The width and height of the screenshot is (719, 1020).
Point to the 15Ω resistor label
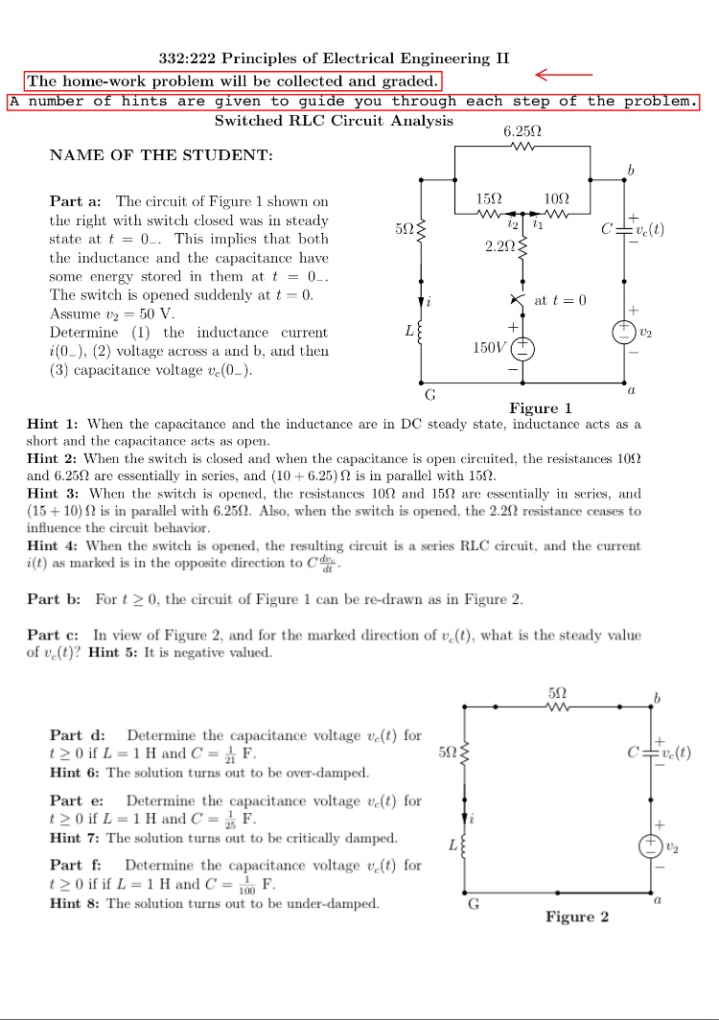pyautogui.click(x=489, y=198)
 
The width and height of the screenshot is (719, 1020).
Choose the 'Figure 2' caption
pyautogui.click(x=577, y=916)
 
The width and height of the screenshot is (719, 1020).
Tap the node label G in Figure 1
pyautogui.click(x=430, y=395)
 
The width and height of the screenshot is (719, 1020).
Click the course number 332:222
pyautogui.click(x=187, y=59)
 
